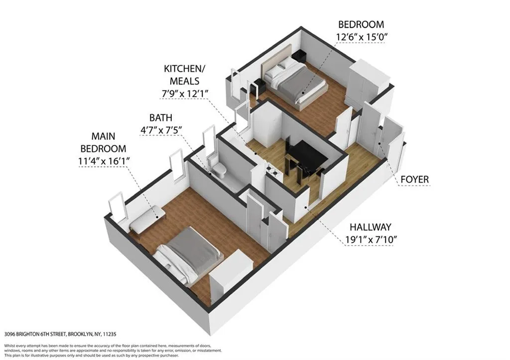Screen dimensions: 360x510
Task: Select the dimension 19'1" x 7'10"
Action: coord(371,240)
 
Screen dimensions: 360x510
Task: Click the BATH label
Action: coord(161,118)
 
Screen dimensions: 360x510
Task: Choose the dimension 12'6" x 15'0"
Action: coord(361,37)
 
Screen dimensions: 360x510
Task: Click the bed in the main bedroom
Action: coord(189,254)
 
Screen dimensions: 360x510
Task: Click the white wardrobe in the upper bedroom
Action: coord(368,84)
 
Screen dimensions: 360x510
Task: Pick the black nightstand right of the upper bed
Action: coord(299,56)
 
